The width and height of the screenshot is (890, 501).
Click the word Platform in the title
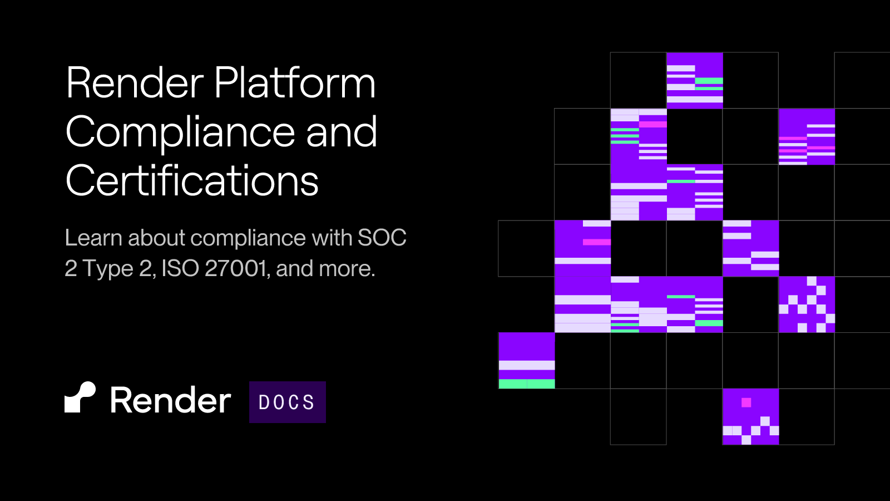295,83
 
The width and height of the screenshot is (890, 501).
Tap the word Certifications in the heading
192,181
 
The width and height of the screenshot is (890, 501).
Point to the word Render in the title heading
135,83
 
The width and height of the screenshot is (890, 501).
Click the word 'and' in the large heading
342,132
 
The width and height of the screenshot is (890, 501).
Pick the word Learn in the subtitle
93,238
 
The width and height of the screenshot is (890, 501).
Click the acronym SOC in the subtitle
382,238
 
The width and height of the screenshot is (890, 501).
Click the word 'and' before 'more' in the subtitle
294,268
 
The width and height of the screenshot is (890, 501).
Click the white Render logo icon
80,397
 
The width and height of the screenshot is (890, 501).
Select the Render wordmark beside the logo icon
170,400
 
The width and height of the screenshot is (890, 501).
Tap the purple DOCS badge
287,402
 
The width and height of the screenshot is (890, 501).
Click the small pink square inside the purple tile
746,402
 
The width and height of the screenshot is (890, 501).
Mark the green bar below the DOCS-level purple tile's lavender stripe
527,384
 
